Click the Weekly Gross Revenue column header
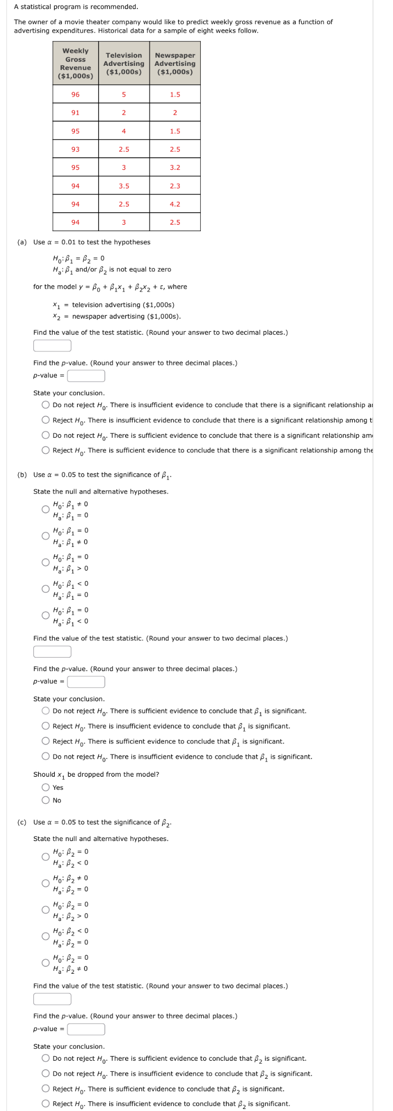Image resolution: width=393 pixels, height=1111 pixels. (75, 63)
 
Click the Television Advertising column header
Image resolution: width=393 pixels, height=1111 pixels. (124, 63)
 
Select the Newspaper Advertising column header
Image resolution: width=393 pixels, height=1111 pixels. (175, 63)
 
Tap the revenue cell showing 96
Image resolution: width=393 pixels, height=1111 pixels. (75, 95)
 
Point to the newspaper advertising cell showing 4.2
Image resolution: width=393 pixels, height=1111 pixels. (175, 204)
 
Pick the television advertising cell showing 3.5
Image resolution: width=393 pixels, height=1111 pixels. (124, 186)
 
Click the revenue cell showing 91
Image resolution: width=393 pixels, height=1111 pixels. (75, 113)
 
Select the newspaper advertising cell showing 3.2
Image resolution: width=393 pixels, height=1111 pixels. (175, 167)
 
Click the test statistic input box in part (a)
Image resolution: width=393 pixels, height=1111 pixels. (52, 346)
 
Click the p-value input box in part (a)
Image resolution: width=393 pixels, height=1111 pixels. (86, 376)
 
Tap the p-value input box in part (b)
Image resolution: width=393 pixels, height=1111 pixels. (86, 682)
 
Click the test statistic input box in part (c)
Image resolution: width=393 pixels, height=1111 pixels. (52, 999)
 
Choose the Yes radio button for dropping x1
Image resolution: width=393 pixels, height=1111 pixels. (46, 788)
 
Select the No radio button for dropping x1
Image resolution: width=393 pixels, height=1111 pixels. (46, 800)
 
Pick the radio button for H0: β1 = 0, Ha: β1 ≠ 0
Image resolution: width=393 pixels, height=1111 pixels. (46, 536)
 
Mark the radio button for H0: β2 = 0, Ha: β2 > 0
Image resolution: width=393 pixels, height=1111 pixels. (46, 910)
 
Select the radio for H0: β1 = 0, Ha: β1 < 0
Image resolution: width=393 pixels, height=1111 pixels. (46, 615)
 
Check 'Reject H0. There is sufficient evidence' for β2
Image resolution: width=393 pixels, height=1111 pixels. (46, 1089)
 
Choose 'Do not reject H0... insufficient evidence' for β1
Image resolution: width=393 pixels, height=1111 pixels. (46, 757)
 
